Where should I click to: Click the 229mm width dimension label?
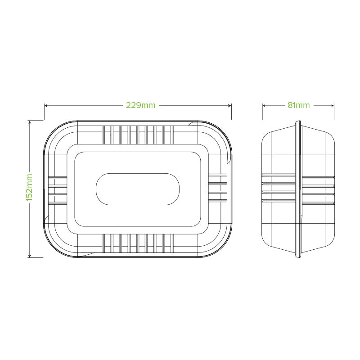pos(140,105)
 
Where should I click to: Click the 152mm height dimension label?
pos(29,187)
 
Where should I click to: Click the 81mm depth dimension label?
pos(299,105)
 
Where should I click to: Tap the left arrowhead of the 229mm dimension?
pos(46,106)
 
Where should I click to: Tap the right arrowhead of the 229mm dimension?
pos(230,106)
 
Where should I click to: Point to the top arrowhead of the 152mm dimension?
pos(30,122)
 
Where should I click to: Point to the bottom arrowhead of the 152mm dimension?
pos(30,256)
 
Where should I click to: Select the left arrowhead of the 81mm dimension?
pos(264,106)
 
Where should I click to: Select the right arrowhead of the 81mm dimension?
pos(333,106)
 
